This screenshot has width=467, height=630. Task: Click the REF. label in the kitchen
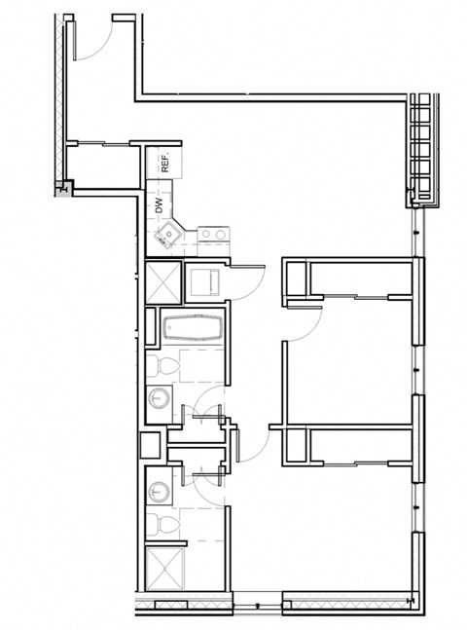pyautogui.click(x=165, y=163)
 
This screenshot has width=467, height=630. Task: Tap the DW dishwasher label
pyautogui.click(x=158, y=205)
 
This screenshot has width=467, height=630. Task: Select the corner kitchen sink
pyautogui.click(x=167, y=234)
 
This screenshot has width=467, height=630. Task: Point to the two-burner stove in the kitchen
pyautogui.click(x=213, y=234)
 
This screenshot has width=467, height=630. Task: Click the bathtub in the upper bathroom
pyautogui.click(x=193, y=328)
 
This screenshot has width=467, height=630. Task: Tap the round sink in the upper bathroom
pyautogui.click(x=159, y=398)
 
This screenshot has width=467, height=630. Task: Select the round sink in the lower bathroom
pyautogui.click(x=159, y=488)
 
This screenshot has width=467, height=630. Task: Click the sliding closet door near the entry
pyautogui.click(x=102, y=144)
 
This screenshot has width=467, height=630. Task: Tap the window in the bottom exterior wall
pyautogui.click(x=255, y=601)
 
